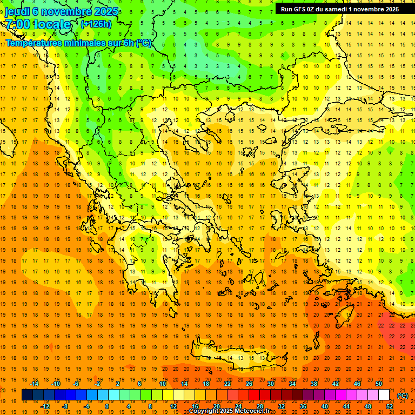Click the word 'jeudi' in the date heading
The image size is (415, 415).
pyautogui.click(x=18, y=11)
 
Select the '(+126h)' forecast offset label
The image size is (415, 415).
pyautogui.click(x=96, y=24)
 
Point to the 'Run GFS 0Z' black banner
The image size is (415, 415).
pyautogui.click(x=339, y=9)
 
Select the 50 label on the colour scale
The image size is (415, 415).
pyautogui.click(x=378, y=384)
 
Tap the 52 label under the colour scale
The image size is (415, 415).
pyautogui.click(x=389, y=406)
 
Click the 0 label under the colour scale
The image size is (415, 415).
pyautogui.click(x=106, y=406)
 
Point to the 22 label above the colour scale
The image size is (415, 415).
pyautogui.click(x=227, y=384)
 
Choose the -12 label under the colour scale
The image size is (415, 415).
pyautogui.click(x=45, y=406)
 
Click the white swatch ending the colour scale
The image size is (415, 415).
pyautogui.click(x=384, y=395)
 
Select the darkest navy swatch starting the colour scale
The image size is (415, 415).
pyautogui.click(x=27, y=395)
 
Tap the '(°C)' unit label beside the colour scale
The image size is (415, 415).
pyautogui.click(x=402, y=396)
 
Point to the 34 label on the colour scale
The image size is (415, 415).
pyautogui.click(x=292, y=384)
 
